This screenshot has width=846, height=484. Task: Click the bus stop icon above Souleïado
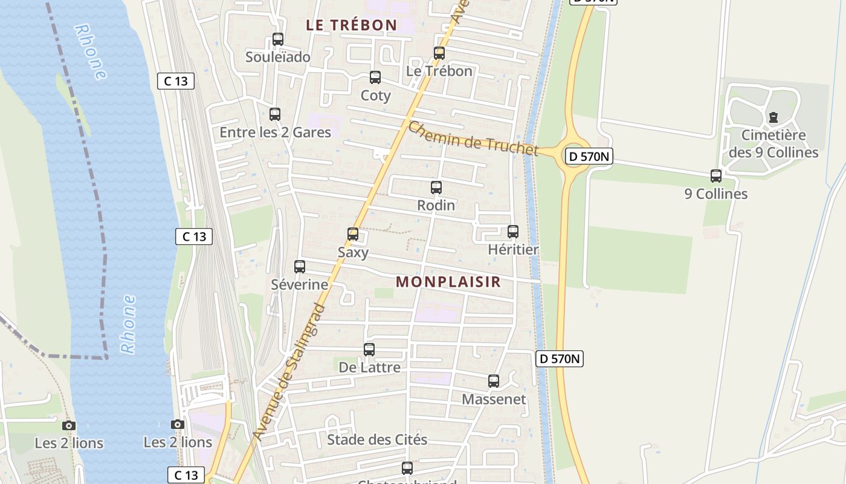(x=278, y=39)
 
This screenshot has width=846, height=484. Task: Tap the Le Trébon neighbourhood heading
(x=351, y=25)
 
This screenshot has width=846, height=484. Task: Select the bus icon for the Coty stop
(x=375, y=77)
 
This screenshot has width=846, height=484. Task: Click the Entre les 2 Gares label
(x=275, y=132)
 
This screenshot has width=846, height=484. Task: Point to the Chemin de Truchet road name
(x=473, y=139)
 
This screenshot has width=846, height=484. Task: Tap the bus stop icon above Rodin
(x=436, y=188)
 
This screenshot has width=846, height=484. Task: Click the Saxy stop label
(x=353, y=252)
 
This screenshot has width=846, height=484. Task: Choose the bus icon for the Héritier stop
(x=513, y=232)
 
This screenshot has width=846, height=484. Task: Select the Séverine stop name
(x=300, y=284)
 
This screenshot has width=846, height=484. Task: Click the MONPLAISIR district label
(x=448, y=282)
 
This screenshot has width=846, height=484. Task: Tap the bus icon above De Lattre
(x=369, y=350)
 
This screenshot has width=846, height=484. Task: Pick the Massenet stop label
(x=494, y=399)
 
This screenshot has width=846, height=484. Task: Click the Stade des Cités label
(x=377, y=440)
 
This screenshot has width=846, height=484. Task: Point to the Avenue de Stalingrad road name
(x=289, y=372)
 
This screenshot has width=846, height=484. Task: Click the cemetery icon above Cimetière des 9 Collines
(x=773, y=117)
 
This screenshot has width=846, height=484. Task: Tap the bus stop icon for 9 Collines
(x=716, y=176)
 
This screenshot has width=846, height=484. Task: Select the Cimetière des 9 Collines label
(x=773, y=144)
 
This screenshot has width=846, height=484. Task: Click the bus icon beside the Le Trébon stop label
(x=439, y=53)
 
